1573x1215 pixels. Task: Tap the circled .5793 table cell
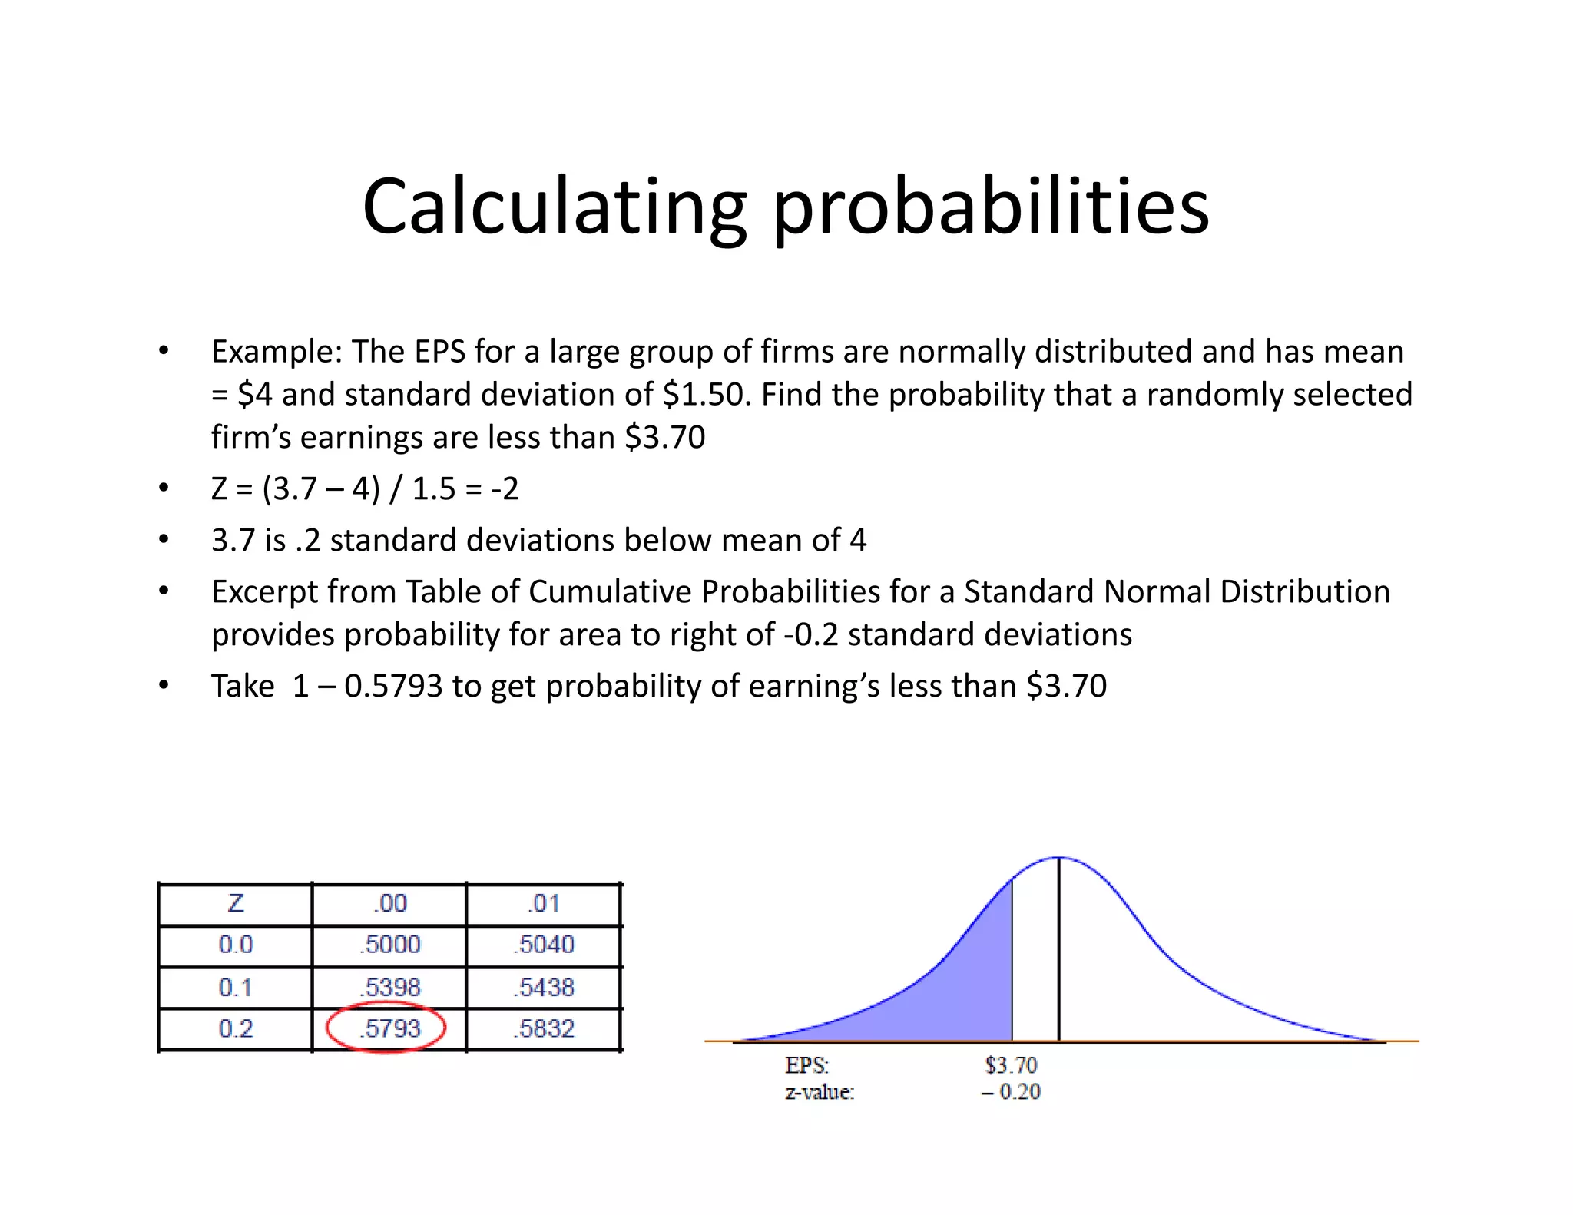[x=389, y=1028]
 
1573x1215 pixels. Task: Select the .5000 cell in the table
[x=389, y=944]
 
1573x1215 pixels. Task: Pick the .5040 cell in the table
[x=544, y=944]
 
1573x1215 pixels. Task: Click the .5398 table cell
[x=389, y=986]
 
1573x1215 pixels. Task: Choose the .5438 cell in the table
[x=544, y=986]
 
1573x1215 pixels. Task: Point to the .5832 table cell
[x=544, y=1028]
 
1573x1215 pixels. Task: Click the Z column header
[x=235, y=902]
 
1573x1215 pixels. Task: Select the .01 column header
[x=544, y=902]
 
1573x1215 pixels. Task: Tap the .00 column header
[x=389, y=902]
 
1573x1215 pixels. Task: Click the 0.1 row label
[x=235, y=986]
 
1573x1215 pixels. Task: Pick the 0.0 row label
[x=235, y=944]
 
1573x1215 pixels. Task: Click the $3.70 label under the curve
[x=1011, y=1065]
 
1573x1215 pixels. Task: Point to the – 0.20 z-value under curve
[x=1011, y=1091]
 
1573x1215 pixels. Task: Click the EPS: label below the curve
[x=806, y=1065]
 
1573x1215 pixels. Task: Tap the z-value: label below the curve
[x=820, y=1091]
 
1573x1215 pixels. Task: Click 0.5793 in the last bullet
[x=393, y=686]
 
